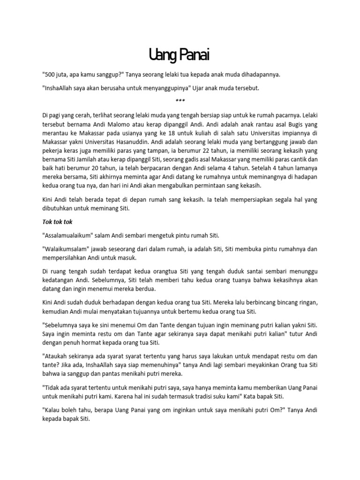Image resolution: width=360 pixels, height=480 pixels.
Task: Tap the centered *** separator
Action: point(180,101)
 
